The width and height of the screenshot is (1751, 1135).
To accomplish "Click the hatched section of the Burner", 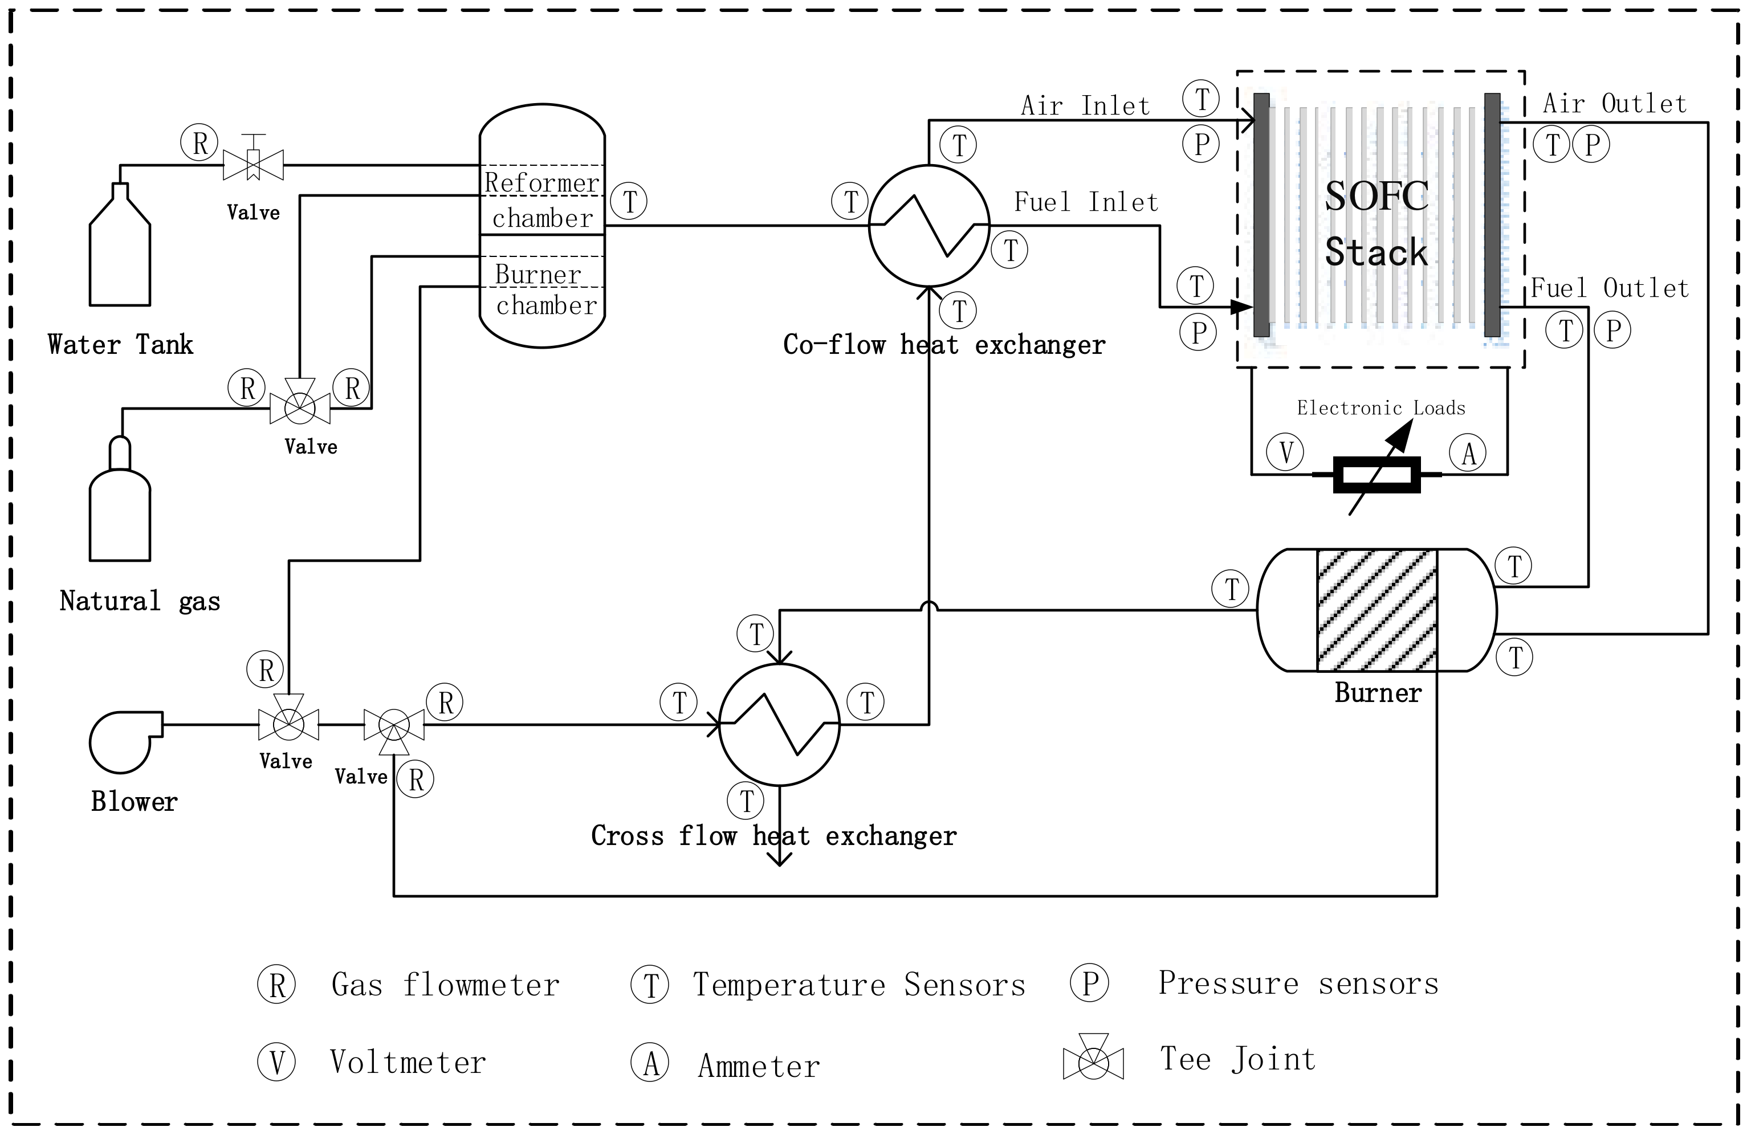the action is coord(1377,610).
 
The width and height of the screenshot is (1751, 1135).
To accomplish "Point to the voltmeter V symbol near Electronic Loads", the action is coord(1285,452).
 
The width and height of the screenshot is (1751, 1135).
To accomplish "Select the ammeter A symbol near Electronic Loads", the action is coord(1468,452).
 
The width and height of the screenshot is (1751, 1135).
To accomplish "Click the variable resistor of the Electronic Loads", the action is coord(1377,475).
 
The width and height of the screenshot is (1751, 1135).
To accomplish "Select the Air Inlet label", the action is coord(1085,106).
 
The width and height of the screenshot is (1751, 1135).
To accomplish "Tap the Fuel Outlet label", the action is coord(1610,288).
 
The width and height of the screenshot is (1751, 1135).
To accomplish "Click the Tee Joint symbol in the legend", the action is coord(1093,1058).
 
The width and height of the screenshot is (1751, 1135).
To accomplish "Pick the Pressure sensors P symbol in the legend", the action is coord(1090,983).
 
